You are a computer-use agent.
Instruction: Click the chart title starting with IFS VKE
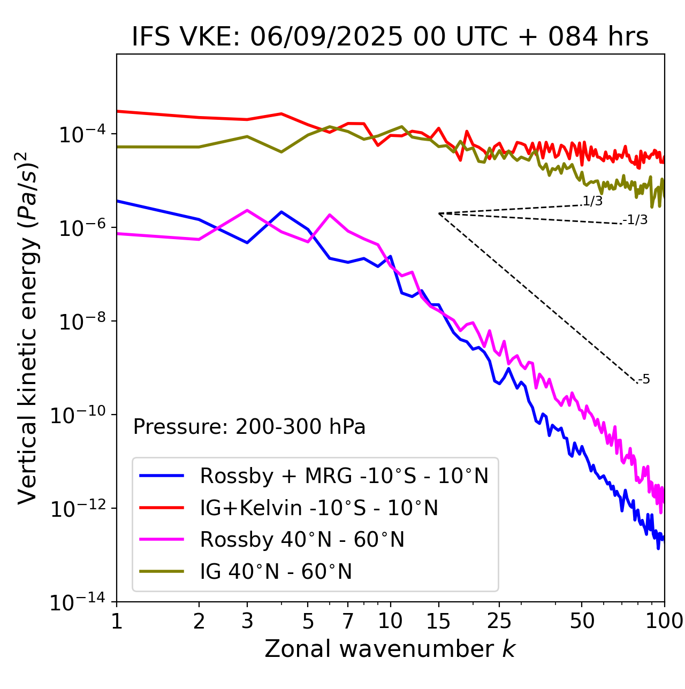pyautogui.click(x=390, y=37)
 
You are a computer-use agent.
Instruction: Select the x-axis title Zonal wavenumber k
pyautogui.click(x=390, y=649)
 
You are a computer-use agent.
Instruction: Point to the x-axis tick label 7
pyautogui.click(x=348, y=621)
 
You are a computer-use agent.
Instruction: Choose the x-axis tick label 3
pyautogui.click(x=247, y=621)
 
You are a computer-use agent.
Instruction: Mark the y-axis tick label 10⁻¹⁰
pyautogui.click(x=78, y=415)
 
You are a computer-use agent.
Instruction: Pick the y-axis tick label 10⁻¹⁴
pyautogui.click(x=78, y=602)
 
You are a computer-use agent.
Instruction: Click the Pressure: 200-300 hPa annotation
pyautogui.click(x=249, y=427)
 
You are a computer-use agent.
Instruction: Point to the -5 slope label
pyautogui.click(x=644, y=380)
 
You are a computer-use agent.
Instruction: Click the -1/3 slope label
pyautogui.click(x=635, y=220)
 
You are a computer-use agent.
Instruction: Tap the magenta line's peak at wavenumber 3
pyautogui.click(x=247, y=210)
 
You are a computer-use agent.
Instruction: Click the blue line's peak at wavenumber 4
pyautogui.click(x=281, y=212)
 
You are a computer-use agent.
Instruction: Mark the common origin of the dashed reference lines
pyautogui.click(x=439, y=213)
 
